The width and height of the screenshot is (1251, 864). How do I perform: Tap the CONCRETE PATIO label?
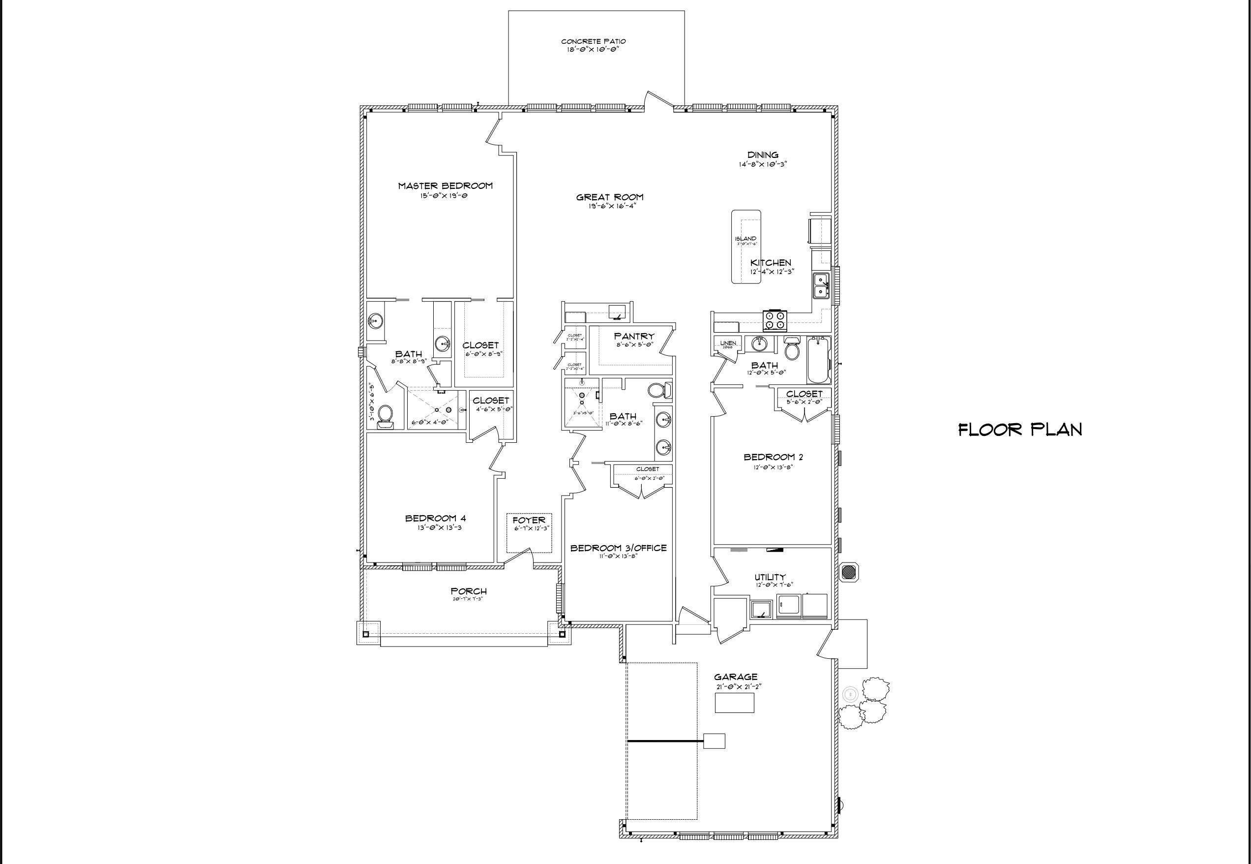point(593,41)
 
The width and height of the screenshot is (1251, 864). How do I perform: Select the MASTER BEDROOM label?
point(446,185)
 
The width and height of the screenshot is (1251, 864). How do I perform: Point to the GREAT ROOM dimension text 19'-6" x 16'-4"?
point(610,206)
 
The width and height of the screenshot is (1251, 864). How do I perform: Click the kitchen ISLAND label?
point(745,238)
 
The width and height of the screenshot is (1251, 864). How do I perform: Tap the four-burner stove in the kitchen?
point(775,320)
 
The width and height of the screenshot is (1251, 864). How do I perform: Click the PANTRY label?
point(634,336)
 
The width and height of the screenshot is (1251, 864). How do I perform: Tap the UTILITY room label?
point(770,577)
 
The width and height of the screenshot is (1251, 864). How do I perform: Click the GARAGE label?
point(735,677)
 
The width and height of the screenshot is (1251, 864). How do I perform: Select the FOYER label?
point(529,520)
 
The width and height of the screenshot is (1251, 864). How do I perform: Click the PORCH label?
point(469,591)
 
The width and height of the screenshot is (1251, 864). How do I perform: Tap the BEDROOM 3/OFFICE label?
point(618,548)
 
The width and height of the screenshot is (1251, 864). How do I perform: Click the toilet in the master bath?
point(385,416)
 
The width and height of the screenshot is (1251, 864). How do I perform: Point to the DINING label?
point(762,155)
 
